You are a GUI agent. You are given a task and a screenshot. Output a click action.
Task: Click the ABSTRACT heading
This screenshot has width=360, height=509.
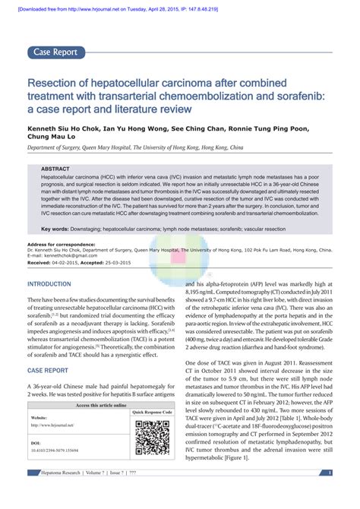pyautogui.click(x=55, y=169)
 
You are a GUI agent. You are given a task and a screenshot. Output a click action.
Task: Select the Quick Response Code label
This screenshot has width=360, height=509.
pyautogui.click(x=153, y=412)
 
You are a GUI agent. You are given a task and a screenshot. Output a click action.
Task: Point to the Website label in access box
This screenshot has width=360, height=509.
pyautogui.click(x=39, y=418)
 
